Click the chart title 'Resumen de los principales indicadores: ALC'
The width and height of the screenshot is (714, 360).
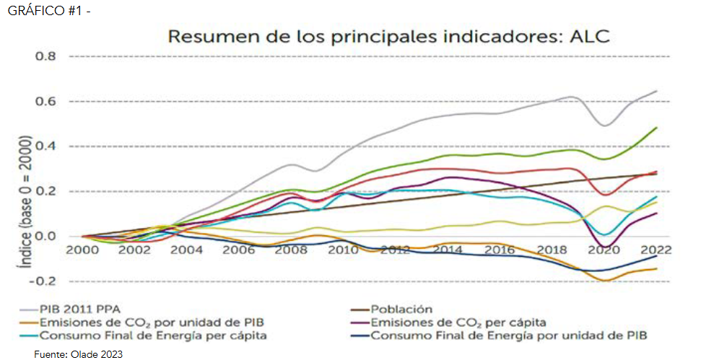point(388,37)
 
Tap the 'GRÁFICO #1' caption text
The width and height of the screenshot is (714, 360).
point(43,12)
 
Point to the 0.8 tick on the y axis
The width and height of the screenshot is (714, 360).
point(45,56)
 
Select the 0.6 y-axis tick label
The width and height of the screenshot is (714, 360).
point(45,101)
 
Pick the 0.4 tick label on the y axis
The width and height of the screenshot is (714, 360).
point(45,146)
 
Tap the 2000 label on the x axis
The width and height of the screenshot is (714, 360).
point(82,250)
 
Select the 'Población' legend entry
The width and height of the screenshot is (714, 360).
point(401,309)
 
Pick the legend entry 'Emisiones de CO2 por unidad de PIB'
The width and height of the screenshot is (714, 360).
point(134,322)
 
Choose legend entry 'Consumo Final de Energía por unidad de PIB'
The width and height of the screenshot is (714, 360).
point(509,335)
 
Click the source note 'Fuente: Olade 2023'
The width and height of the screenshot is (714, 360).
point(79,354)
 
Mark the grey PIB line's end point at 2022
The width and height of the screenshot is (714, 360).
point(656,91)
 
